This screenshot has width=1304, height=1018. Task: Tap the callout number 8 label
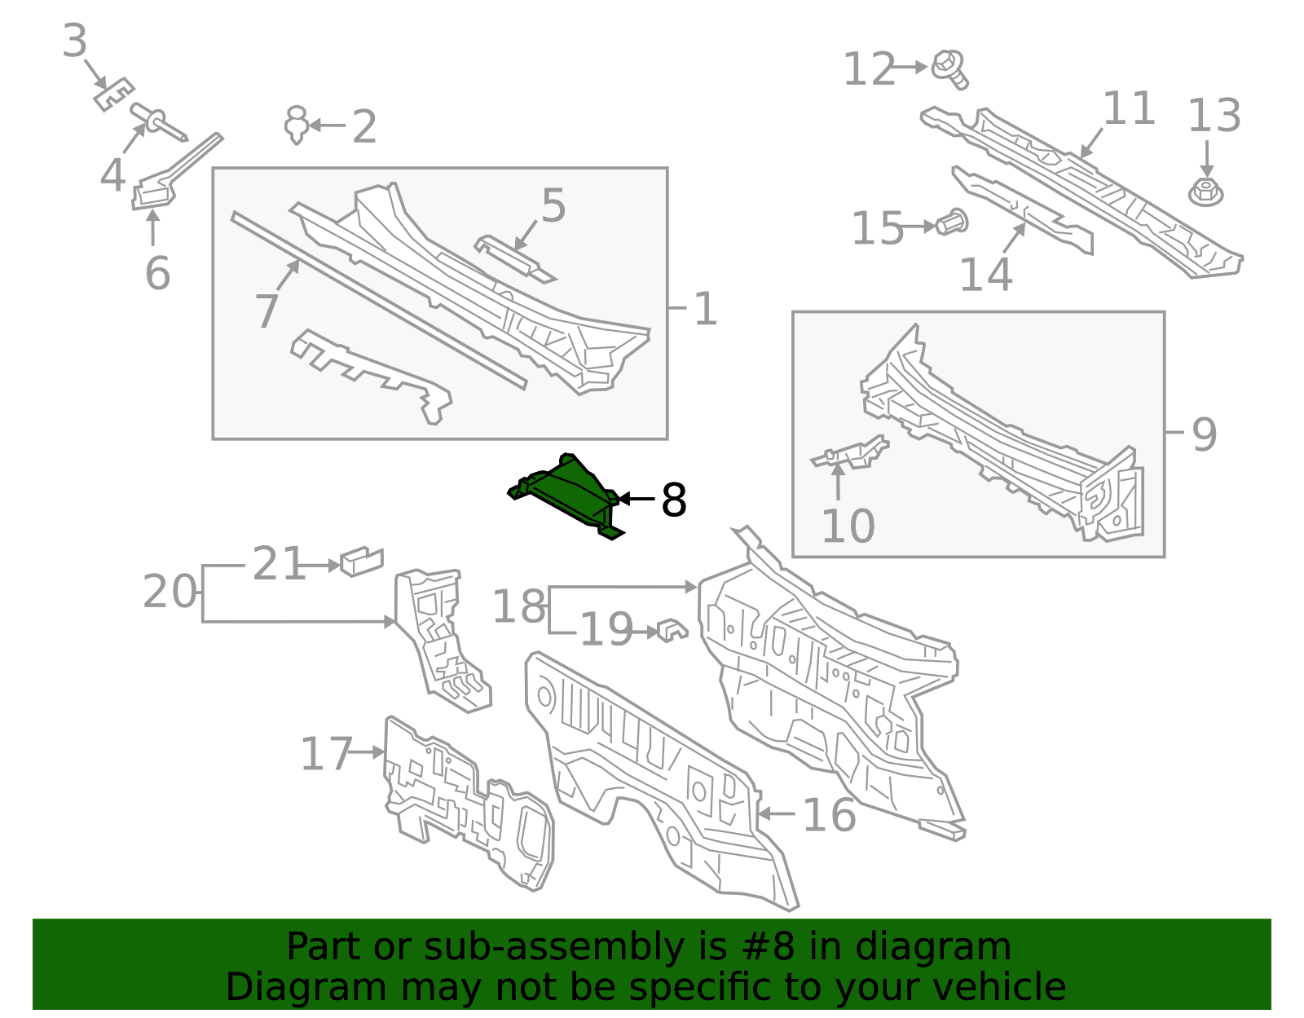pos(674,500)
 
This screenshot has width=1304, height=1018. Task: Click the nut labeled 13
pos(1206,192)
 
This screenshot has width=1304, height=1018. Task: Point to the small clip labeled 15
pos(952,223)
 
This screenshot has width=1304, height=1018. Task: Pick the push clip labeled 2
pos(297,125)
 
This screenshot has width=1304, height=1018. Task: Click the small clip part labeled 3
pos(112,95)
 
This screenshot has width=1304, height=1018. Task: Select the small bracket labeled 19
pos(672,630)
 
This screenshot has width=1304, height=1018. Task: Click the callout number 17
pos(325,754)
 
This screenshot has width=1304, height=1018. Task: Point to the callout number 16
pos(829,814)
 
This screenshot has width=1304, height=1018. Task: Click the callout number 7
pos(267,311)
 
